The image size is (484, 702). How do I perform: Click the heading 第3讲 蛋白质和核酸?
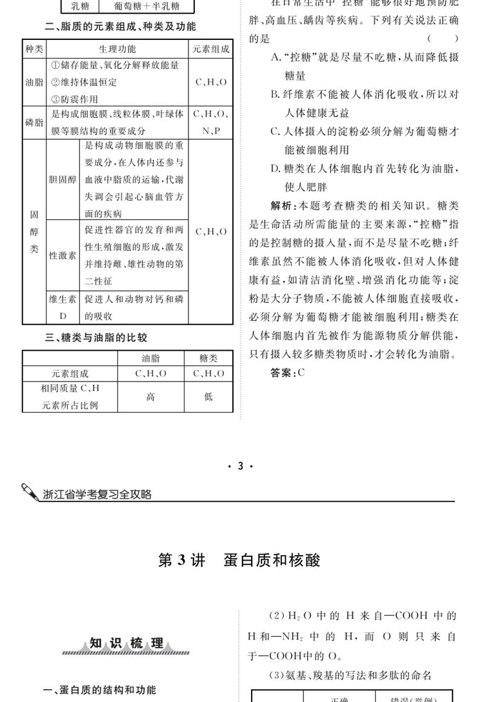tap(239, 560)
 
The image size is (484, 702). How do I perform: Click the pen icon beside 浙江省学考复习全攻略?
tap(30, 492)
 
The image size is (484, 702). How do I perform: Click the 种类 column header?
tap(33, 49)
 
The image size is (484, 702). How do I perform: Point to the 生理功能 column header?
tap(117, 49)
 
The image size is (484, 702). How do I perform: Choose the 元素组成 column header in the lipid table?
tap(210, 49)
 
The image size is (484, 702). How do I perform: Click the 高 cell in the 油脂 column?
tap(150, 397)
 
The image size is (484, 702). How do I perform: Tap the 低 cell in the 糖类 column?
tap(208, 397)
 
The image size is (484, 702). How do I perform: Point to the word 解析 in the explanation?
tap(281, 206)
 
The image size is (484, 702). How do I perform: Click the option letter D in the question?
tap(274, 169)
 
